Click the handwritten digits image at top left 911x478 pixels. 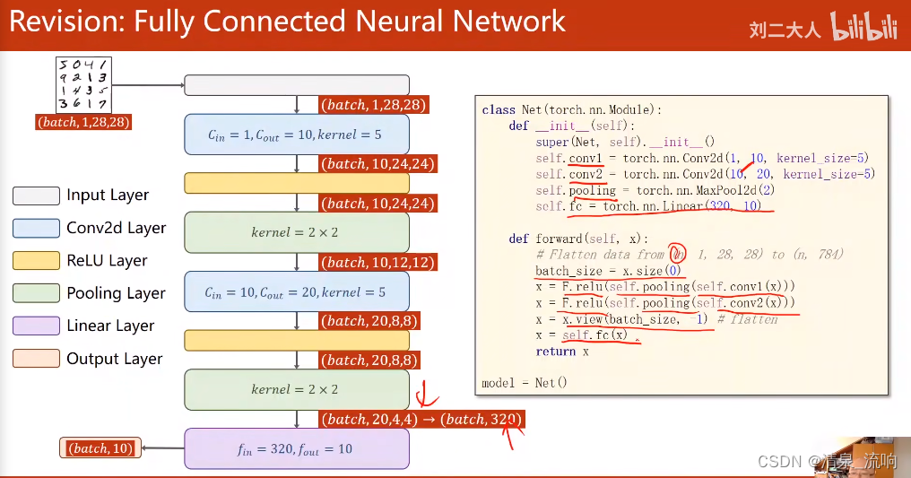point(83,84)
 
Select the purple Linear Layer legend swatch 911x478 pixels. point(36,326)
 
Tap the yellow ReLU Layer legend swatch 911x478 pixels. point(36,260)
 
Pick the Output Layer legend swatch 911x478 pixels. point(36,359)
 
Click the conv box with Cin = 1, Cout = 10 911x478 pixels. point(296,135)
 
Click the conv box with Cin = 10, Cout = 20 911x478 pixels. point(296,291)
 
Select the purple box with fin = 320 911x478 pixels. point(296,448)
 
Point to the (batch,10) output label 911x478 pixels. point(100,448)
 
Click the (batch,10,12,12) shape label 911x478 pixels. point(377,262)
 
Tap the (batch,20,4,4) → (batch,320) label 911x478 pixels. point(421,419)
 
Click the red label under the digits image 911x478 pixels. point(84,122)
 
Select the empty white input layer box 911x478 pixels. point(296,85)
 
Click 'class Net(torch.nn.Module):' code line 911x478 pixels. point(571,109)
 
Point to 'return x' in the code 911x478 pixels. point(556,352)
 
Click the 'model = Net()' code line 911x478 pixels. point(525,383)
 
